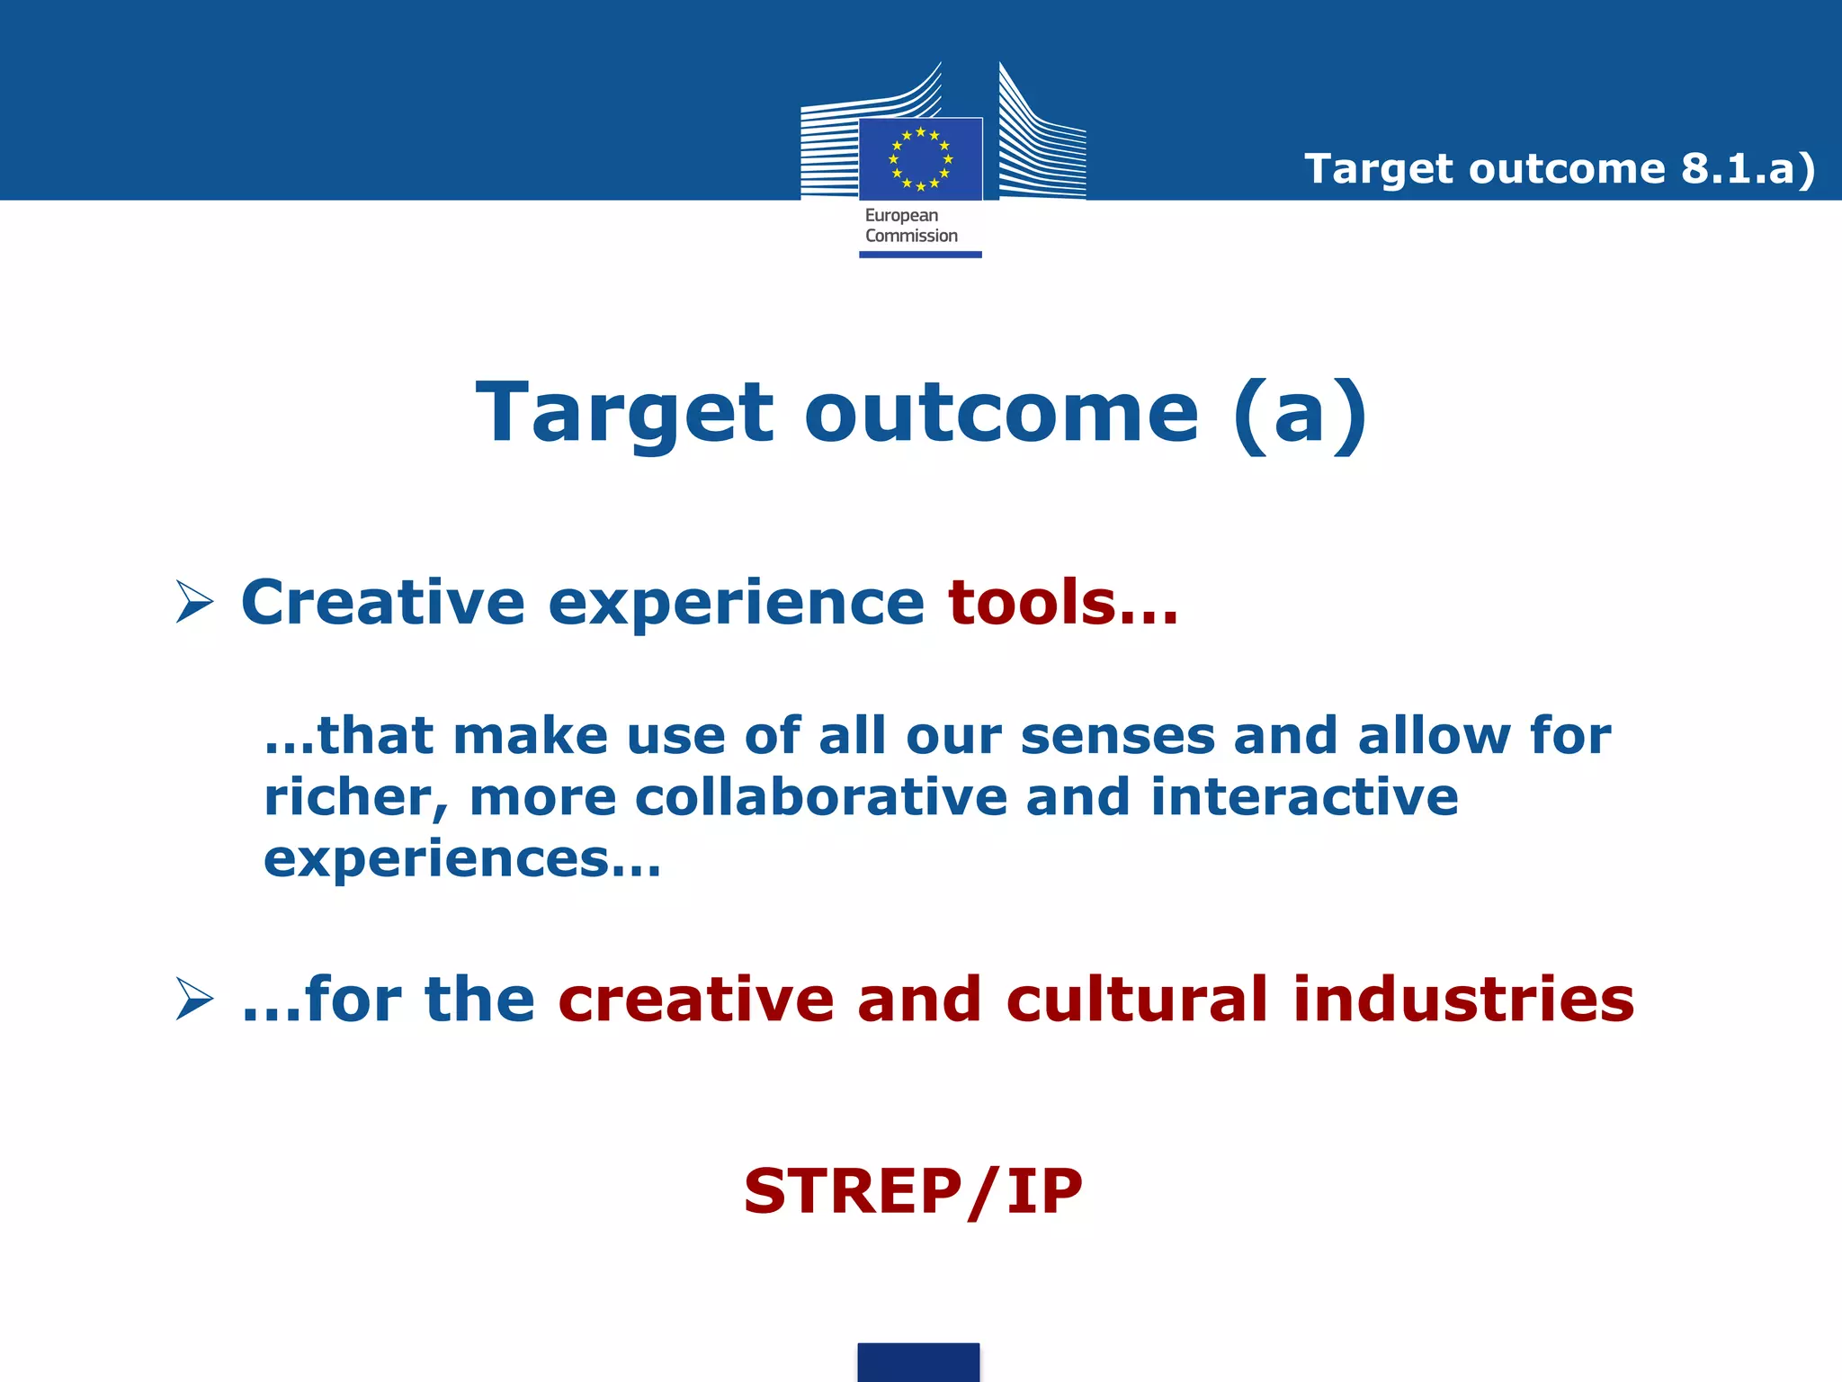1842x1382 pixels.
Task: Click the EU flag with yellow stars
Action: click(x=920, y=159)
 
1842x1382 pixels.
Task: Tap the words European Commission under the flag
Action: click(x=910, y=226)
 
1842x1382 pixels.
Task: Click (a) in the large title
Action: click(x=1301, y=414)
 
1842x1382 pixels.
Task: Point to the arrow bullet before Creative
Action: click(x=194, y=602)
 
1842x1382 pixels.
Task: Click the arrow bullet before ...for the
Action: click(x=194, y=1000)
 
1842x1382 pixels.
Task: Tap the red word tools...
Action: click(x=1061, y=602)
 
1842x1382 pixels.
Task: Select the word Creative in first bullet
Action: click(x=383, y=602)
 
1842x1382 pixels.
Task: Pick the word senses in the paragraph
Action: click(x=1117, y=737)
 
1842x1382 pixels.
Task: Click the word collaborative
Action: click(x=820, y=798)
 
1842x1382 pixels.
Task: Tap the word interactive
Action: click(x=1304, y=798)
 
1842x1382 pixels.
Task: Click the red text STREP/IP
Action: click(x=913, y=1191)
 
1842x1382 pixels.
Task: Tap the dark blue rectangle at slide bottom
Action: click(x=918, y=1362)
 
